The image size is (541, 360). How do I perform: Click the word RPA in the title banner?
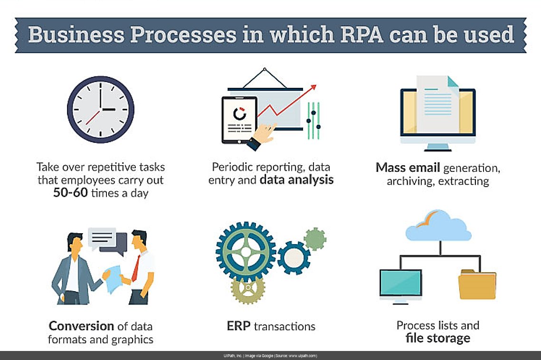coord(361,35)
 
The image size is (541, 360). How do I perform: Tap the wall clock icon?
coord(100,109)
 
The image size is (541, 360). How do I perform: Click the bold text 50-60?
coord(70,193)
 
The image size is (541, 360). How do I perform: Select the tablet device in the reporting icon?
coord(239,120)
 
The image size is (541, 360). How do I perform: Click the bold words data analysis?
coord(296,180)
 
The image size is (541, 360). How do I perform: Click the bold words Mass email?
coord(408,167)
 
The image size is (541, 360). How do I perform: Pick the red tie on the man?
coord(136,268)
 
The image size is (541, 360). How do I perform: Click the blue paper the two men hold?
coord(114,278)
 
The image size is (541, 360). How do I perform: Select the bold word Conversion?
coord(81,326)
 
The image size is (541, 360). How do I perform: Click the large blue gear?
coord(246,252)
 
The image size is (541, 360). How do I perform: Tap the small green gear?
coord(315,239)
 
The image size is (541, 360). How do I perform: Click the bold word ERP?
coord(238,326)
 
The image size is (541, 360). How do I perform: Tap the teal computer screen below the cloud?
coord(400,282)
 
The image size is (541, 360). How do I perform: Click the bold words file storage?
coord(438,338)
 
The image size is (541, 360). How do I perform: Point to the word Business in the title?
coord(76,35)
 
